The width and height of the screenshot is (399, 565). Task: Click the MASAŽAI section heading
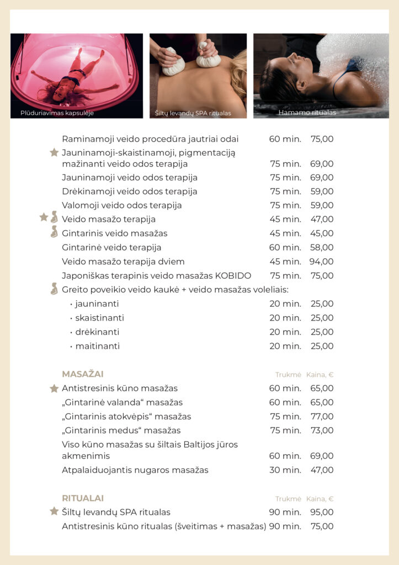(x=82, y=374)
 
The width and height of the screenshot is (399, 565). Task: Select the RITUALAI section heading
(x=82, y=498)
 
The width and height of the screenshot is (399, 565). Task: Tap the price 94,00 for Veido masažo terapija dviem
(x=322, y=262)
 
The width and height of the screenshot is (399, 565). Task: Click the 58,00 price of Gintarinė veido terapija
(x=322, y=248)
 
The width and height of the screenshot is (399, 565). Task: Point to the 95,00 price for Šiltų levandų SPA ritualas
(x=322, y=513)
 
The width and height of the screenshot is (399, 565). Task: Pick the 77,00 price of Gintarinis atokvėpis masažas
(x=322, y=417)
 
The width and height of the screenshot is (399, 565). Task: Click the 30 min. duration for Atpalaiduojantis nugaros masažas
(x=285, y=471)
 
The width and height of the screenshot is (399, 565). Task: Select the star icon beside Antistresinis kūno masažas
(x=54, y=388)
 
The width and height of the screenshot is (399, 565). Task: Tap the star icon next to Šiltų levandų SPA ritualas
(x=54, y=511)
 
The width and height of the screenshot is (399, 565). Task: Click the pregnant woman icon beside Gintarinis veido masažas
(x=54, y=232)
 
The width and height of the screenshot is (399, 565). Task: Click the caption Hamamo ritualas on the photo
(x=307, y=113)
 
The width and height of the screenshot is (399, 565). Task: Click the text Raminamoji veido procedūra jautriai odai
(x=150, y=139)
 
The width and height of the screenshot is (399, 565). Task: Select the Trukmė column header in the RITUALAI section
(x=288, y=499)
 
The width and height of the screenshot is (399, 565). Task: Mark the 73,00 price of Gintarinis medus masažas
(x=322, y=430)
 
